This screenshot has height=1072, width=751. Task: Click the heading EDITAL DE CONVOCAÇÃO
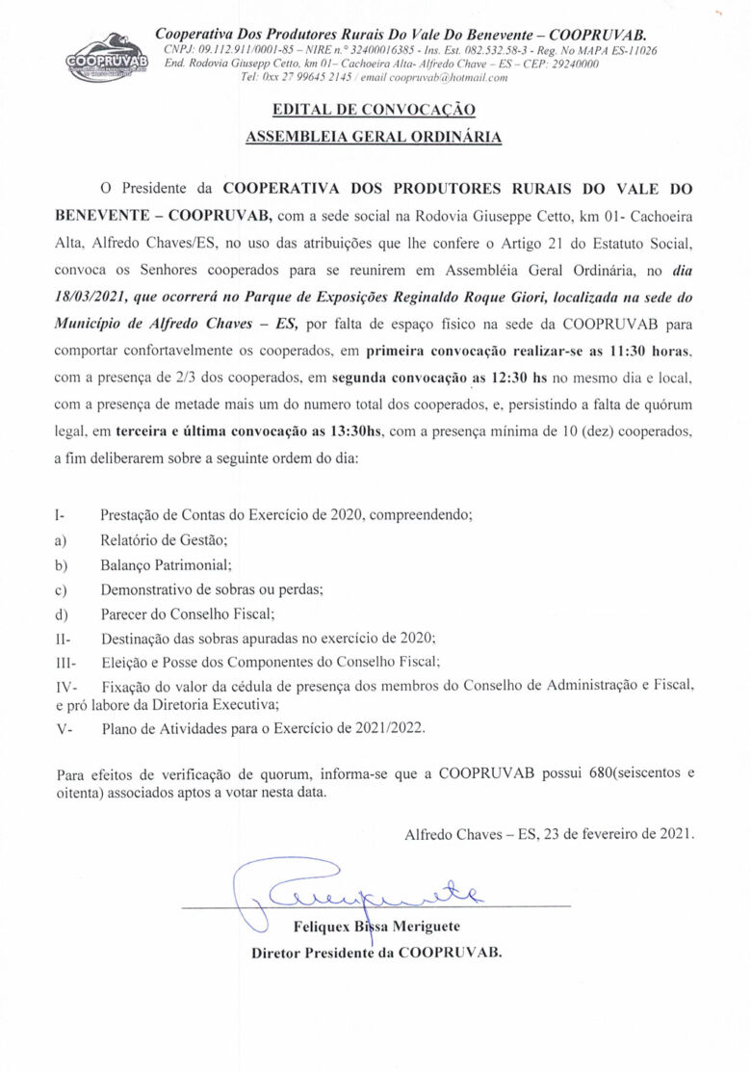pyautogui.click(x=374, y=110)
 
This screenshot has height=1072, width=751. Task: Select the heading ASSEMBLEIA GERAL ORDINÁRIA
pyautogui.click(x=374, y=137)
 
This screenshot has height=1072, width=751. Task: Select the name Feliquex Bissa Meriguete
pyautogui.click(x=376, y=927)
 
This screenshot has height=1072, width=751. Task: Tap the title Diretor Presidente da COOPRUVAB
pyautogui.click(x=376, y=953)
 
